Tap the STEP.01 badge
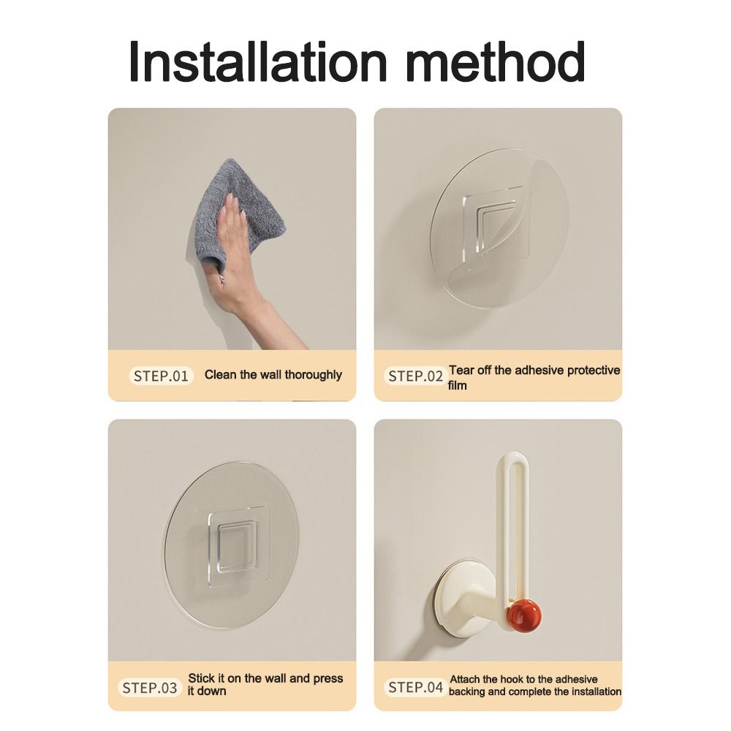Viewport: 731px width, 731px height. click(162, 376)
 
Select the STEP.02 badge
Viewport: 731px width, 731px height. click(415, 376)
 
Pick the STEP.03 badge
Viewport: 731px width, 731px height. click(150, 688)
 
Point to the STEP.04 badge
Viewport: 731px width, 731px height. click(415, 687)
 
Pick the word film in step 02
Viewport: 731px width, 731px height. click(458, 385)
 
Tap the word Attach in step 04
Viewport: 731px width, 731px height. click(466, 680)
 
